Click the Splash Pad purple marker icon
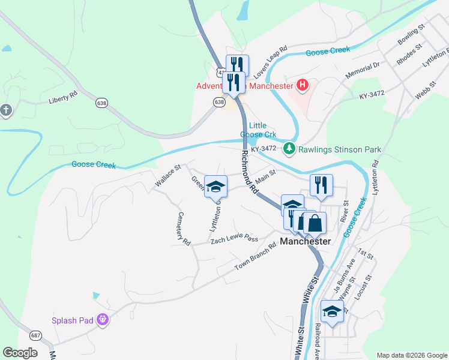(103, 320)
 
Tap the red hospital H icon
(303, 85)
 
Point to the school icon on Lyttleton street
(215, 186)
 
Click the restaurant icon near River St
(321, 185)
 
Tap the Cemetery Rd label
(183, 229)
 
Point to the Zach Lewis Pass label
(234, 239)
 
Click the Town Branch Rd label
(255, 256)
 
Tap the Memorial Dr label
(363, 71)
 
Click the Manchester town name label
(306, 241)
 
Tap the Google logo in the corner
(20, 353)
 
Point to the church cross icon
(6, 110)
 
